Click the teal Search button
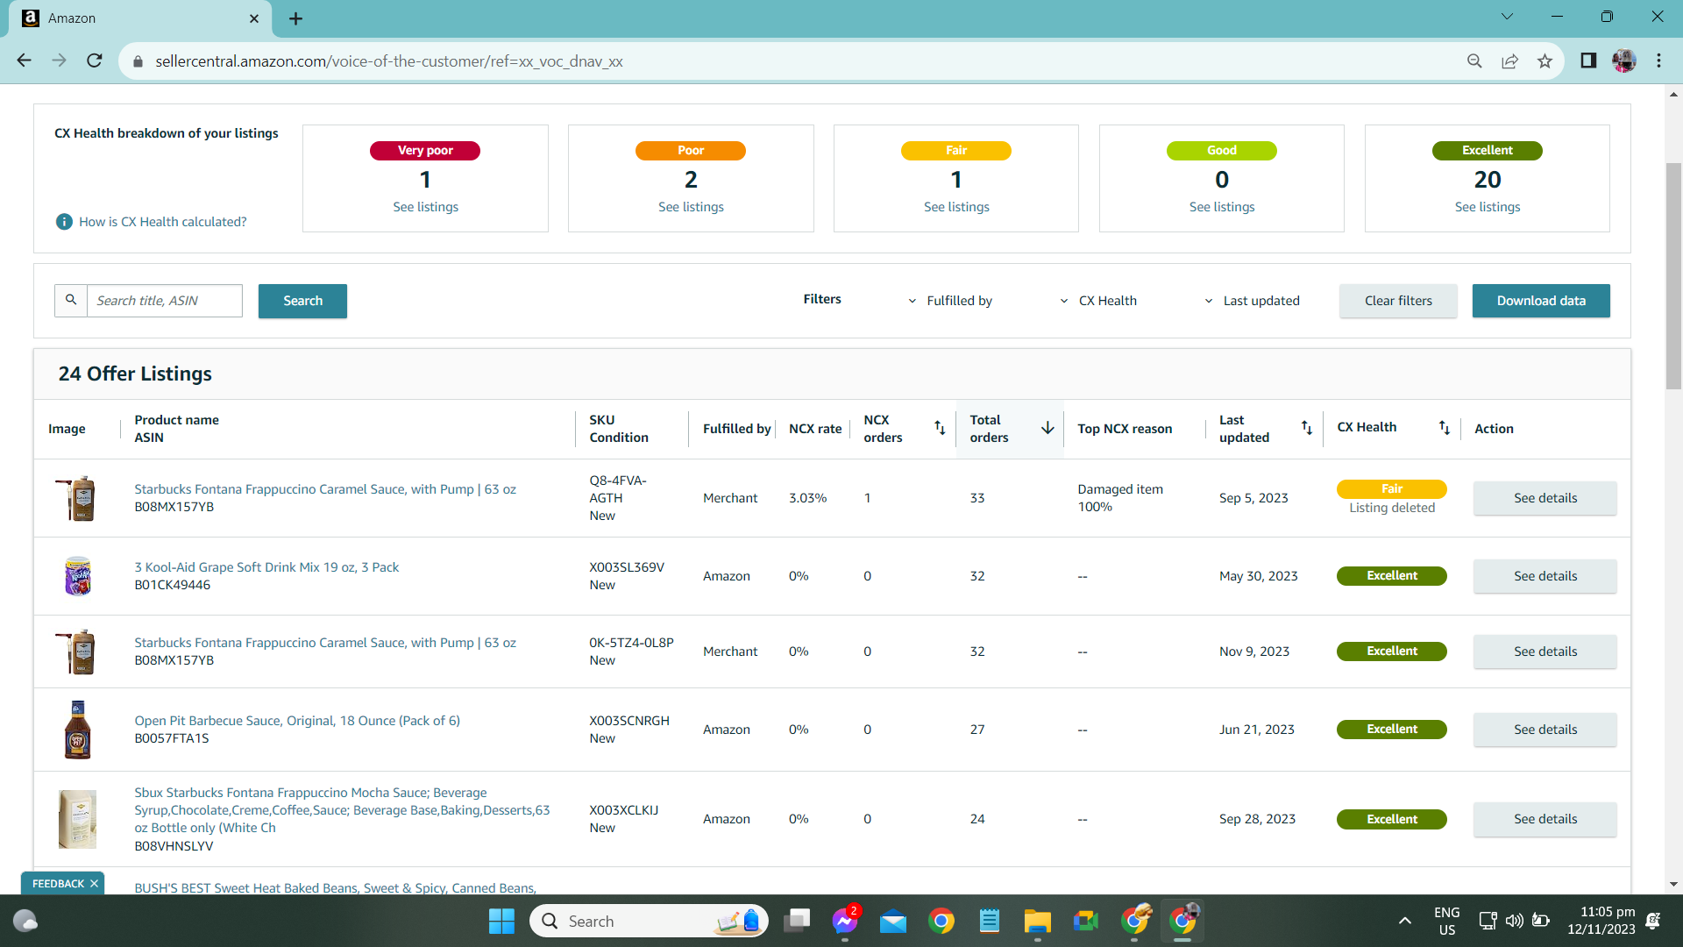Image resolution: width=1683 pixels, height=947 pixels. coord(302,301)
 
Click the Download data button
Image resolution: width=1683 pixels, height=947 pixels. coord(1541,301)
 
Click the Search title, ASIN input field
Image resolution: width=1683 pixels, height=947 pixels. coord(165,301)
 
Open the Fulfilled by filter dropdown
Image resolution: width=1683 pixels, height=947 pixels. coord(950,301)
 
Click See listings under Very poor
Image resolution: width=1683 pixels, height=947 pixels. coord(425,207)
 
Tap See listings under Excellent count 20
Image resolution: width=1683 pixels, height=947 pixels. coord(1488,207)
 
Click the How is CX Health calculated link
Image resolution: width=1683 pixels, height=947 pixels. coord(163,222)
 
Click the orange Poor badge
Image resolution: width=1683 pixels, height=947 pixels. coord(691,151)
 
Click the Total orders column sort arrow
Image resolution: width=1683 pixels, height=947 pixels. coord(1047,428)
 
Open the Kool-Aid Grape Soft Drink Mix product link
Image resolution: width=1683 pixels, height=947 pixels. coord(266,567)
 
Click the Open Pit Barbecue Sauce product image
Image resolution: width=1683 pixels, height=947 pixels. coord(78,730)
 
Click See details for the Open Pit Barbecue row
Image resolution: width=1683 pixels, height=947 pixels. coord(1545,730)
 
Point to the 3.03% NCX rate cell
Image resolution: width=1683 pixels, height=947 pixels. coord(808,498)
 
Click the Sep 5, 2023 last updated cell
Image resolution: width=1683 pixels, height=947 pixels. coord(1253,498)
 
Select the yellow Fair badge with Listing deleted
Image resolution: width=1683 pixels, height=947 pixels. coord(1392,489)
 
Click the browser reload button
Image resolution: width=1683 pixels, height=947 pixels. coord(95,61)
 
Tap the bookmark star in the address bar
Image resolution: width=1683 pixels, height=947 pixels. coord(1545,61)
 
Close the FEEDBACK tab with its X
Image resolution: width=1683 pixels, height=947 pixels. coord(95,884)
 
